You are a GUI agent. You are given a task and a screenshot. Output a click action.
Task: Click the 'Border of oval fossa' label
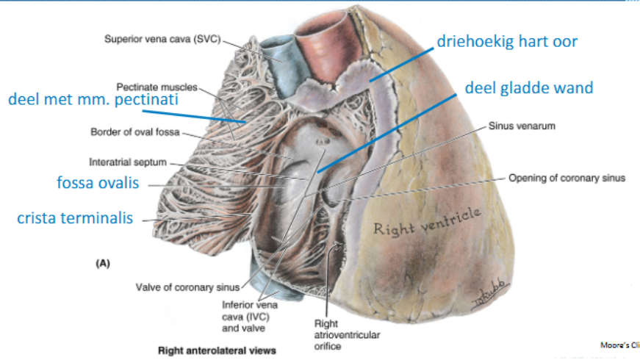(132, 133)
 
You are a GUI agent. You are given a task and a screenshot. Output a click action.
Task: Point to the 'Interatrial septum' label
(128, 162)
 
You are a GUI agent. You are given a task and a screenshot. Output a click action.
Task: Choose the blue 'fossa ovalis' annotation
(98, 183)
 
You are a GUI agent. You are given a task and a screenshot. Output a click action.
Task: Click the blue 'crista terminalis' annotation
(76, 218)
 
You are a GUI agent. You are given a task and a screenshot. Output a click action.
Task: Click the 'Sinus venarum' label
(522, 126)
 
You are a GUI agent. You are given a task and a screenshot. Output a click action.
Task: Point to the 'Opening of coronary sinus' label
(566, 178)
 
